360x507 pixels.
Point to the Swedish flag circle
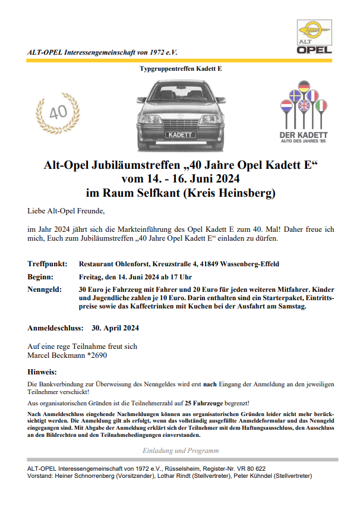(x=295, y=96)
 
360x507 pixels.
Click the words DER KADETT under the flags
(x=303, y=135)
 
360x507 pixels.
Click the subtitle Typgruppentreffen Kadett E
(x=180, y=69)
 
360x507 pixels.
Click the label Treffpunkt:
(x=47, y=263)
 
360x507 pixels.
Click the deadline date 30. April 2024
(x=115, y=327)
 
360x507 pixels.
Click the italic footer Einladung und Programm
(x=180, y=451)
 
